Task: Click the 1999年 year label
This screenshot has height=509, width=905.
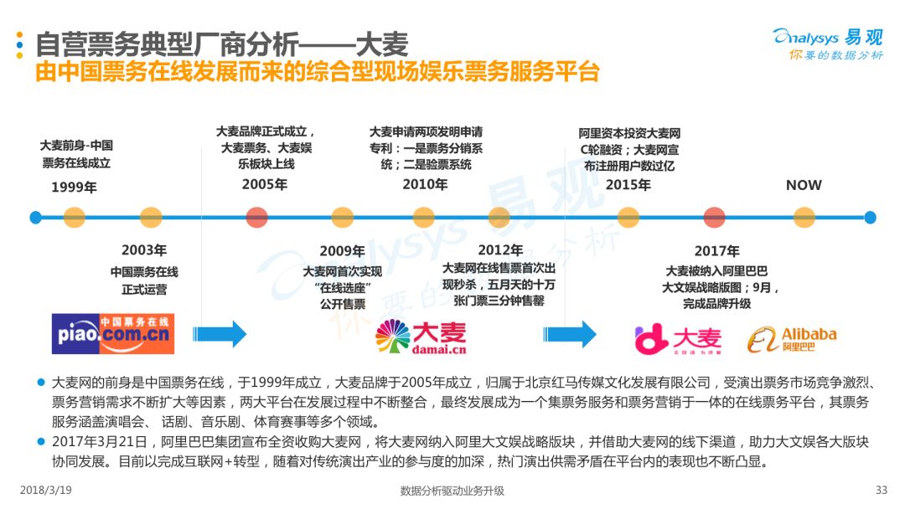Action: click(x=74, y=188)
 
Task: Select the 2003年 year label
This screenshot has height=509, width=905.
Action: click(x=144, y=250)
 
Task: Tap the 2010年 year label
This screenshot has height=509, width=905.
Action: click(x=425, y=184)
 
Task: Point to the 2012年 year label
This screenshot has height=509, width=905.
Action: click(x=500, y=250)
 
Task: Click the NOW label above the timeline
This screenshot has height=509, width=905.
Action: click(x=804, y=185)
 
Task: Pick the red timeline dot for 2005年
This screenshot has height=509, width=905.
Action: click(x=257, y=218)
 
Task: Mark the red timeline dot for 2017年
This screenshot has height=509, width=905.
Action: click(x=715, y=218)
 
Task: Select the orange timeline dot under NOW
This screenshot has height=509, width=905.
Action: click(x=804, y=218)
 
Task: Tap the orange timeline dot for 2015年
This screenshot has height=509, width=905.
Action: click(x=628, y=218)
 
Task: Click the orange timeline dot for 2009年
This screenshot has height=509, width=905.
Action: click(x=342, y=218)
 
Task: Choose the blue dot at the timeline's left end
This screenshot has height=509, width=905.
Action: click(x=36, y=218)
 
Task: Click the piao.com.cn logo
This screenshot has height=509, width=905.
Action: click(x=112, y=334)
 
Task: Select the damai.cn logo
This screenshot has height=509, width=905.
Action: click(x=421, y=337)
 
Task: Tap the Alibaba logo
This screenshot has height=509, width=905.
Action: click(x=792, y=340)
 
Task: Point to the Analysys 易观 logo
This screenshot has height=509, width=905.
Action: click(x=828, y=44)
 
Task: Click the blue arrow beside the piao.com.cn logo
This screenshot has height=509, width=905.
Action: click(x=220, y=334)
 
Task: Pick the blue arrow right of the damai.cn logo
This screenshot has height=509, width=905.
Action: click(x=570, y=334)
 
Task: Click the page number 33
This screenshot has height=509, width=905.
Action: click(x=882, y=490)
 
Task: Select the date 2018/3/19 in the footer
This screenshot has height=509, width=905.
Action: click(x=45, y=490)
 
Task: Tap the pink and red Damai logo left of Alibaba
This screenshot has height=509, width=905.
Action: click(x=678, y=340)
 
